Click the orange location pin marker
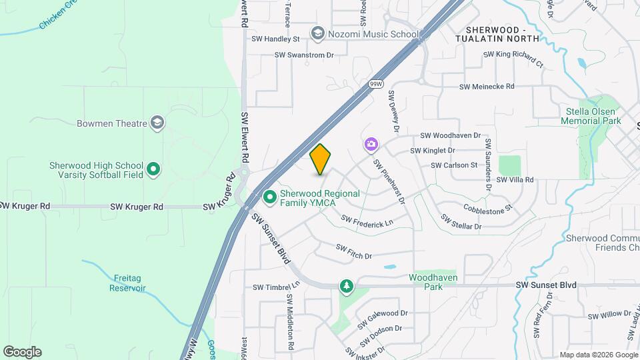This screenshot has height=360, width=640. click(321, 159)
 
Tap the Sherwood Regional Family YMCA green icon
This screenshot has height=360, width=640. click(270, 197)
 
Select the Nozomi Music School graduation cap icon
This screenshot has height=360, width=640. click(317, 33)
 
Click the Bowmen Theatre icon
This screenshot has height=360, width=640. click(157, 122)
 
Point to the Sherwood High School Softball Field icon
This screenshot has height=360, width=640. click(153, 169)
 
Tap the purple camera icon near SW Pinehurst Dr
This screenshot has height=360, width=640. click(371, 144)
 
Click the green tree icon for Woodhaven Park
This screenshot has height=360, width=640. click(346, 286)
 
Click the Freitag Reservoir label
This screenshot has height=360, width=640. click(129, 283)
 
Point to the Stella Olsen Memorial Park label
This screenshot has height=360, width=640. click(591, 116)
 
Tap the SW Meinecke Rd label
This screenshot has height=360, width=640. click(487, 87)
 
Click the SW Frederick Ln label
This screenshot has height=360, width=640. click(367, 221)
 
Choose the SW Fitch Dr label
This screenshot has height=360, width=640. click(353, 251)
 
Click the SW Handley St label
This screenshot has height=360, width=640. click(276, 39)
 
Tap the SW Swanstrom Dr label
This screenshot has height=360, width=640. click(304, 55)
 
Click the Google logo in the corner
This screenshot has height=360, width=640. click(22, 352)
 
